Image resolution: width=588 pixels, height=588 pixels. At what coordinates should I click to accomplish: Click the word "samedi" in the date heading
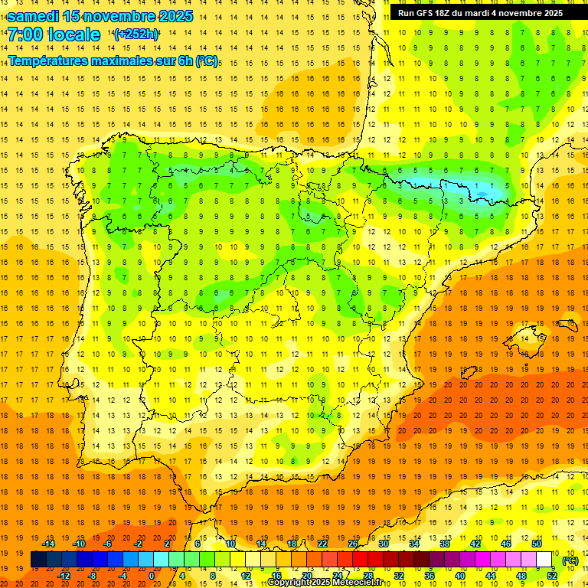[33, 16]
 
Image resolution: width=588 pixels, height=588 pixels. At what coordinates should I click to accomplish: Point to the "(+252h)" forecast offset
[136, 34]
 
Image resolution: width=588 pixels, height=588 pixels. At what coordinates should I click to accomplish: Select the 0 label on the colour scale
[152, 576]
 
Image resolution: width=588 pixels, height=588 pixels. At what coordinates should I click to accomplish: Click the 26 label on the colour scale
[353, 543]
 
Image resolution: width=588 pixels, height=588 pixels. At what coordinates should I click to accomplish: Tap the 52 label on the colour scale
[552, 576]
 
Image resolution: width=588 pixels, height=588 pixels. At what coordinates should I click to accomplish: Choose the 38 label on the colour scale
[445, 543]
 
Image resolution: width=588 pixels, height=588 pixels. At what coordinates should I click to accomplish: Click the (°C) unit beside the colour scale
[570, 560]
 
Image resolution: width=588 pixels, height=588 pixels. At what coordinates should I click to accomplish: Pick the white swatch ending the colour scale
[544, 560]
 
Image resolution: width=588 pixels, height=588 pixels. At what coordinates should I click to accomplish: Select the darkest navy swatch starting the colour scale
[38, 560]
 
